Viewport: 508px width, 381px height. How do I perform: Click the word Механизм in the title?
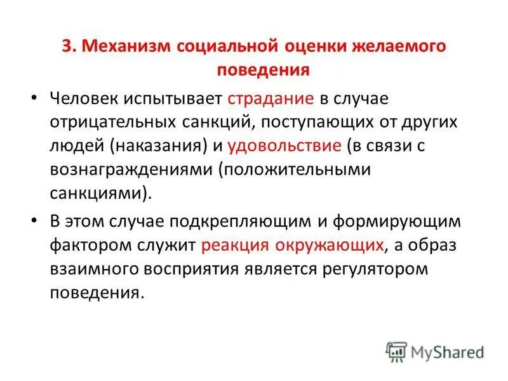point(126,47)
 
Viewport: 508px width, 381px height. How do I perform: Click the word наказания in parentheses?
point(158,145)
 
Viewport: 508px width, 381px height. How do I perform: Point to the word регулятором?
point(374,268)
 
